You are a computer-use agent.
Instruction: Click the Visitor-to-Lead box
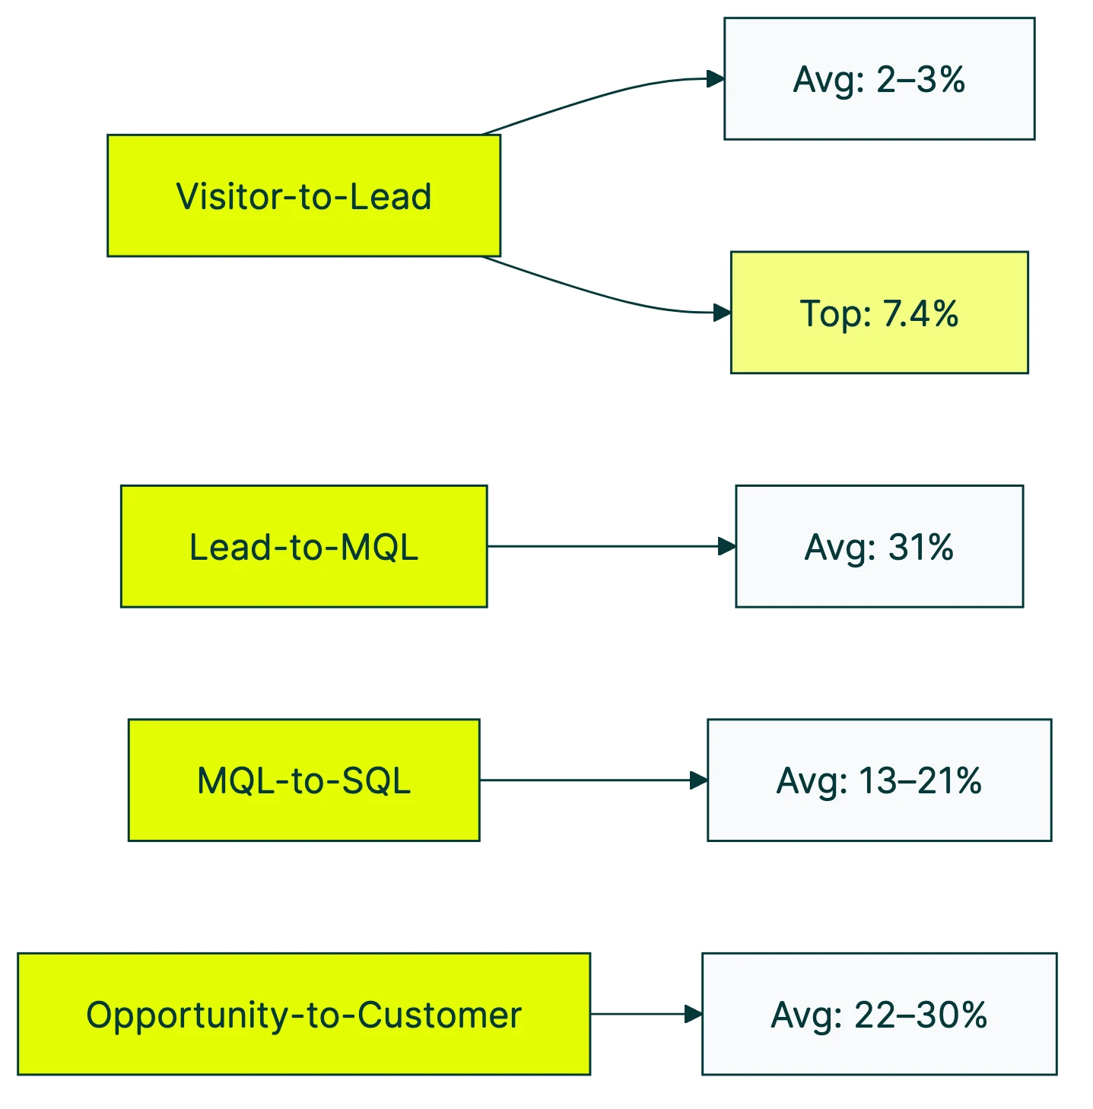pyautogui.click(x=303, y=196)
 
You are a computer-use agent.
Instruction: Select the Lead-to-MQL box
pyautogui.click(x=303, y=547)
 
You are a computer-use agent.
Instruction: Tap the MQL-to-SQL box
pyautogui.click(x=303, y=780)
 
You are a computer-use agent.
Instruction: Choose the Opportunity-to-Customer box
pyautogui.click(x=303, y=1014)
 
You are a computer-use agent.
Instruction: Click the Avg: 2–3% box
pyautogui.click(x=879, y=79)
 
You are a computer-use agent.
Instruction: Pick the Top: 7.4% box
pyautogui.click(x=879, y=313)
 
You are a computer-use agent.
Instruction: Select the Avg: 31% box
pyautogui.click(x=879, y=547)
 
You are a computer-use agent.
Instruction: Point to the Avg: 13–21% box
pyautogui.click(x=879, y=780)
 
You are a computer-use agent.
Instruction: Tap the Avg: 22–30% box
pyautogui.click(x=879, y=1014)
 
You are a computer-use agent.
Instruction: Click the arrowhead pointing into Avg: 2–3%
pyautogui.click(x=715, y=79)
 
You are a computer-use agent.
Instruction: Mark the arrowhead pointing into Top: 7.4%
pyautogui.click(x=721, y=313)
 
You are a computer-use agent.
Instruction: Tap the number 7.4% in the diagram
pyautogui.click(x=920, y=313)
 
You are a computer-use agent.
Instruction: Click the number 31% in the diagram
pyautogui.click(x=920, y=547)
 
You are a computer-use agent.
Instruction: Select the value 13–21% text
pyautogui.click(x=920, y=781)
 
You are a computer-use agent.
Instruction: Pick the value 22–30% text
pyautogui.click(x=920, y=1015)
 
